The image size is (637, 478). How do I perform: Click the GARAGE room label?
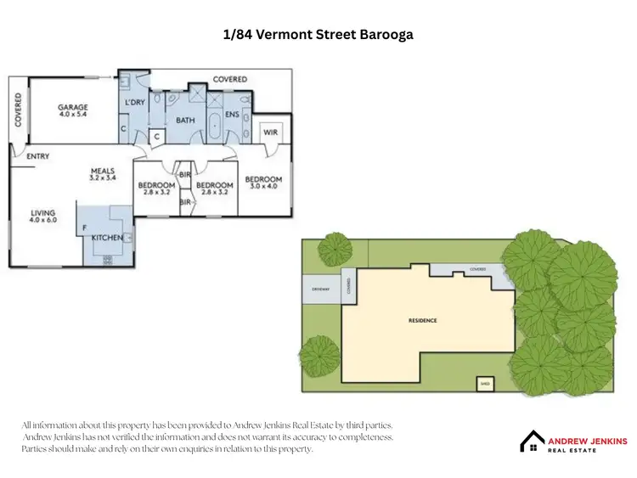pos(73,108)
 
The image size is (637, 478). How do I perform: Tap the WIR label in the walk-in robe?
pos(271,132)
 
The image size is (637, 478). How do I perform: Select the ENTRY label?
pos(37,156)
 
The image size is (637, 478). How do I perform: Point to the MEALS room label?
pos(103,172)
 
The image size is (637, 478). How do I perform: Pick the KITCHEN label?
pos(107,238)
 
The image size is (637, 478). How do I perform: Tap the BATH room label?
pos(185,121)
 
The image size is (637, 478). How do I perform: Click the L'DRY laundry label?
pos(135,103)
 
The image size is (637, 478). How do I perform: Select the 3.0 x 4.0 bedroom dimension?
pos(263,187)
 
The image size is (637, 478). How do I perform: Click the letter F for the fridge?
pos(83,228)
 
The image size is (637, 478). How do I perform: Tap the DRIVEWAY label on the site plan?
pos(319,290)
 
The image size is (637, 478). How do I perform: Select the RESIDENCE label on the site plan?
pos(422,320)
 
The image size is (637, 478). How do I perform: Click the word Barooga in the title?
pos(387,35)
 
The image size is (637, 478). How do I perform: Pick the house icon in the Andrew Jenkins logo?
pos(533,441)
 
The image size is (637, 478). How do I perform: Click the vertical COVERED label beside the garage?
pos(18,110)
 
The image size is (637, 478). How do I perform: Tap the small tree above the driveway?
pos(335,249)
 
